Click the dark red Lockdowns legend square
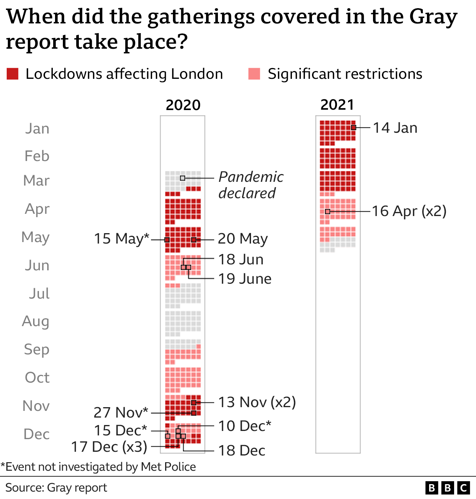13,74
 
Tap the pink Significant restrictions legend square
254,74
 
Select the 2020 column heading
183,105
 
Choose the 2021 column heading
337,105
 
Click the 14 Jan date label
395,128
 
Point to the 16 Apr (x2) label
409,211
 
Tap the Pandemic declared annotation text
251,185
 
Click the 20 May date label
242,239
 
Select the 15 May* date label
121,239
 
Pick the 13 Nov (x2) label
257,402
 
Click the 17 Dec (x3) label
109,447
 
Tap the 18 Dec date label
242,451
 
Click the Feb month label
37,156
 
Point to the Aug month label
36,321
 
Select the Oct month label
37,378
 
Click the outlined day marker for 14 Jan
354,128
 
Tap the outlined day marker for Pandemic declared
183,178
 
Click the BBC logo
447,487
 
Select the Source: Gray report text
56,487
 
